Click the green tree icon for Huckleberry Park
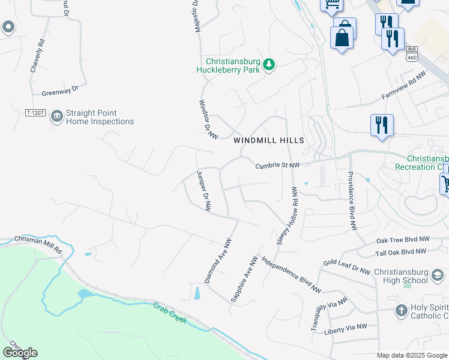pyautogui.click(x=270, y=64)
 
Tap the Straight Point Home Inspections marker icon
pyautogui.click(x=57, y=116)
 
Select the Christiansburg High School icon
pyautogui.click(x=438, y=275)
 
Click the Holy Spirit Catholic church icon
pyautogui.click(x=401, y=311)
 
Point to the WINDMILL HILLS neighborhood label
pyautogui.click(x=269, y=140)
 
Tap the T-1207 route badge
pyautogui.click(x=35, y=113)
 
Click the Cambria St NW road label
pyautogui.click(x=277, y=165)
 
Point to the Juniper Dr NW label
pyautogui.click(x=204, y=190)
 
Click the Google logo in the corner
pyautogui.click(x=20, y=352)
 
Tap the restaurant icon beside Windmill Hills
pyautogui.click(x=381, y=126)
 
